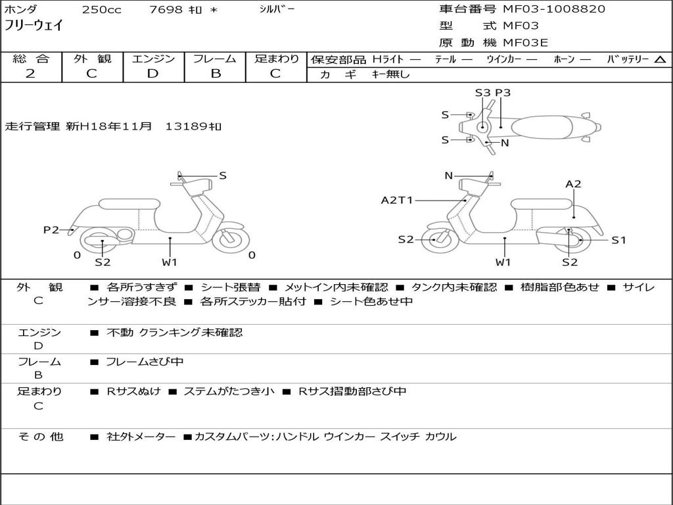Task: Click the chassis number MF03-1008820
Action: tap(554, 9)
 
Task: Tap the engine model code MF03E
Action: tap(525, 43)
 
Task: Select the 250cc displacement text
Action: tap(102, 9)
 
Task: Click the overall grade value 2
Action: tap(30, 74)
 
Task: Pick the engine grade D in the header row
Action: tap(152, 74)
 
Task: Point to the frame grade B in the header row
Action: tap(216, 74)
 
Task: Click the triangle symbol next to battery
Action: tap(660, 60)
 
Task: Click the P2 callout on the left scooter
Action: tap(51, 229)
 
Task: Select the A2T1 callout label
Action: tap(396, 200)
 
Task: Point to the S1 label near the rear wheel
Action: tap(618, 240)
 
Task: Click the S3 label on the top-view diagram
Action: tap(482, 93)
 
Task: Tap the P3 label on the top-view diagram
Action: tap(503, 93)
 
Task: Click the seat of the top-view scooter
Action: tap(542, 128)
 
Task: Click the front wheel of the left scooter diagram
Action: tap(231, 238)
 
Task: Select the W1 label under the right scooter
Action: tap(503, 262)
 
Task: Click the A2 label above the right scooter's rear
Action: tap(573, 184)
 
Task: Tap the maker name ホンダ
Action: tap(21, 9)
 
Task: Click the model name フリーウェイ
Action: tap(34, 25)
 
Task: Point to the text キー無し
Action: tap(391, 74)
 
